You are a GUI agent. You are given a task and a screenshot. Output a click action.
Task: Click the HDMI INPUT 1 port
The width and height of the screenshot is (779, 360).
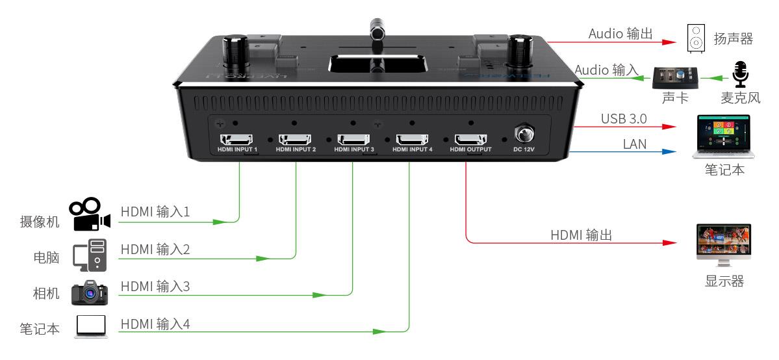[x=238, y=139]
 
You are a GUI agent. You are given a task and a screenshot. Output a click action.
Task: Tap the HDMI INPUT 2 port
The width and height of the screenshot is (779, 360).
[x=296, y=139]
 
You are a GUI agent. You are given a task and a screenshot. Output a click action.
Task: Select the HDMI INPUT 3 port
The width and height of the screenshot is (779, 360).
[x=354, y=139]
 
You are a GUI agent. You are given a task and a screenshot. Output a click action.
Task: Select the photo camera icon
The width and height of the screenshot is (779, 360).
[x=90, y=293]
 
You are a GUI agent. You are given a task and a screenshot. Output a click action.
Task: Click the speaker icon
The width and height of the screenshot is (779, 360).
[x=696, y=39]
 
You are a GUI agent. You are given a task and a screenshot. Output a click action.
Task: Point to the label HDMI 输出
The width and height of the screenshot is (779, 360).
[x=581, y=235]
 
